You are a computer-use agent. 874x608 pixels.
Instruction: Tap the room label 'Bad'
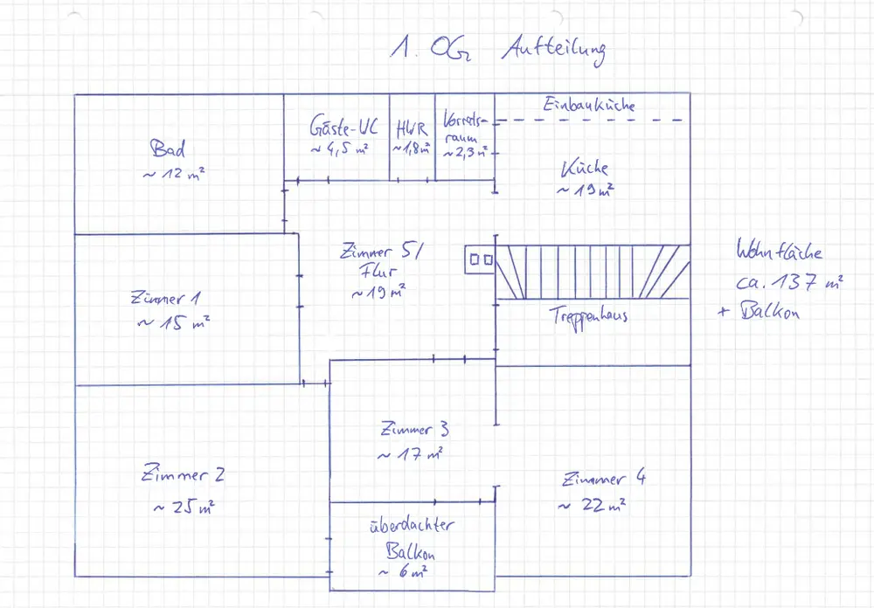[x=168, y=148]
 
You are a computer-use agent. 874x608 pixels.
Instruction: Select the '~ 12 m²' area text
[x=174, y=175]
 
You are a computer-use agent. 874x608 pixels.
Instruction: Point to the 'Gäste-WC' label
[x=343, y=127]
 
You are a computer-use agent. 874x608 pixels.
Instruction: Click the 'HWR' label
[x=410, y=128]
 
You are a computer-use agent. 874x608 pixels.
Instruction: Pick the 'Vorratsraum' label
[x=461, y=129]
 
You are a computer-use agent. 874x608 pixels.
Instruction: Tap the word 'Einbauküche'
[x=589, y=105]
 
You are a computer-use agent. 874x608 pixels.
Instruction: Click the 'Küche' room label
[x=586, y=169]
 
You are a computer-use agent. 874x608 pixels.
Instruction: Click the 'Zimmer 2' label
[x=183, y=475]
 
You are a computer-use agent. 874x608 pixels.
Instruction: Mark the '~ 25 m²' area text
[x=184, y=507]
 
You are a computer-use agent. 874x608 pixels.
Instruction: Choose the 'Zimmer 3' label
[x=415, y=429]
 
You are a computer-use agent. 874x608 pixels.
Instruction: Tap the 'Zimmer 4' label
[x=605, y=479]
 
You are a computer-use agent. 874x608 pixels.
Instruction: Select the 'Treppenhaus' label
[x=588, y=315]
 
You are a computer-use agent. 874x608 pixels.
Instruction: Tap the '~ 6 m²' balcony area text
[x=403, y=572]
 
